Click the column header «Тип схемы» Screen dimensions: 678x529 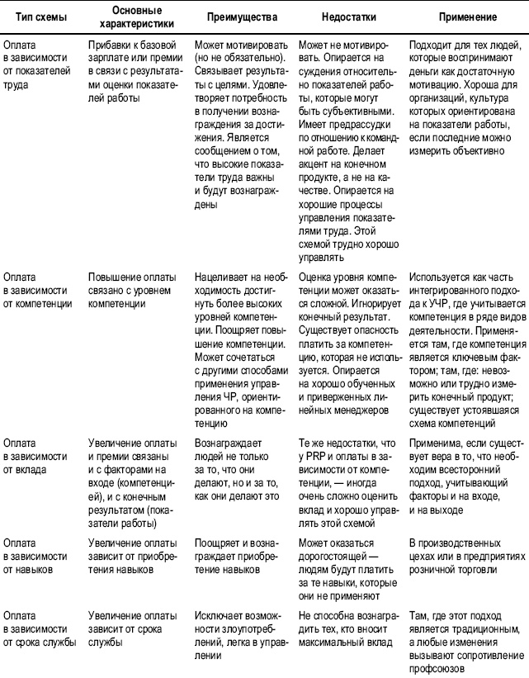[x=31, y=17]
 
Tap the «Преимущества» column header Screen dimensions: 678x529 [x=241, y=17]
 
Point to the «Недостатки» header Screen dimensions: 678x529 [x=350, y=17]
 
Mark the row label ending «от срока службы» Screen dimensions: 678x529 [x=36, y=628]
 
